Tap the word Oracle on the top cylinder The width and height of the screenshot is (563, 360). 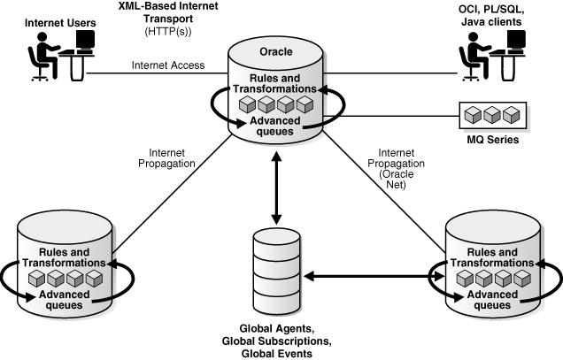(x=275, y=50)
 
